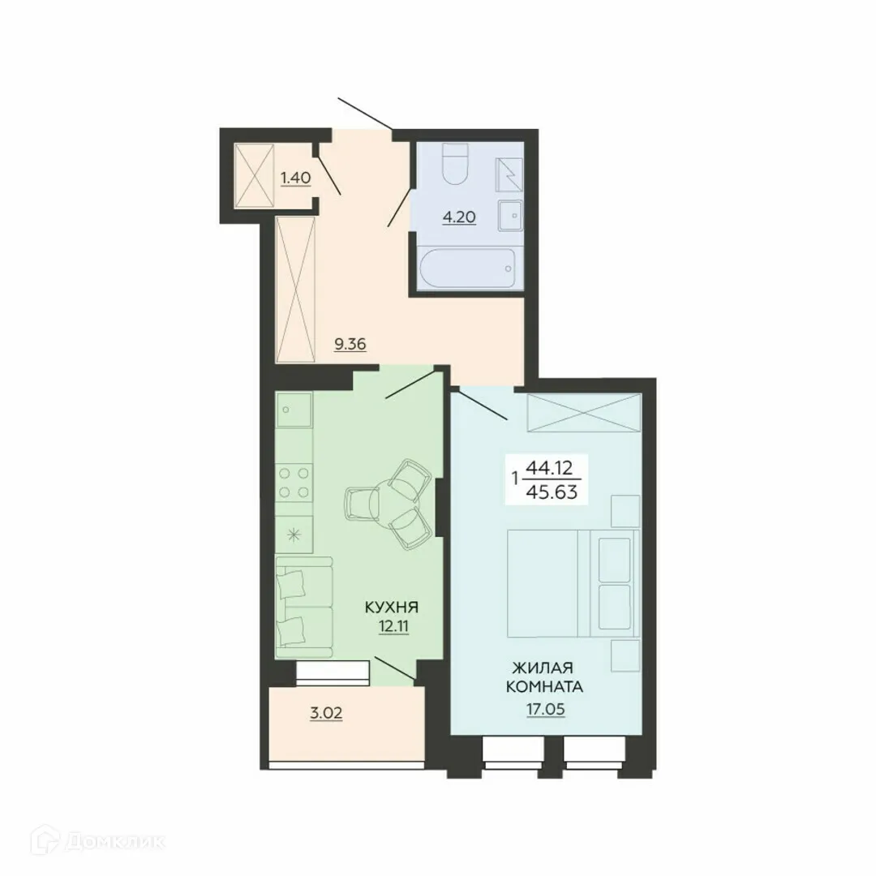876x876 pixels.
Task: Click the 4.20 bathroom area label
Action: point(459,217)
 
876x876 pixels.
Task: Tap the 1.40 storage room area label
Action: point(296,177)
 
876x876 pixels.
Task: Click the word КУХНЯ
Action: point(391,607)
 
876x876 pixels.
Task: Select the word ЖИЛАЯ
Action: point(543,668)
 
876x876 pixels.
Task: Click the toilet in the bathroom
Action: point(455,165)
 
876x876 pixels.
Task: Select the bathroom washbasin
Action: point(510,215)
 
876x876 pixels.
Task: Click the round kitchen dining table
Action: point(380,504)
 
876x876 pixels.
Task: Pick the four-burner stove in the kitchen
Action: point(294,483)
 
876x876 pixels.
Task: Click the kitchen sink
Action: point(293,411)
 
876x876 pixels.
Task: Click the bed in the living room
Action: point(569,582)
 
